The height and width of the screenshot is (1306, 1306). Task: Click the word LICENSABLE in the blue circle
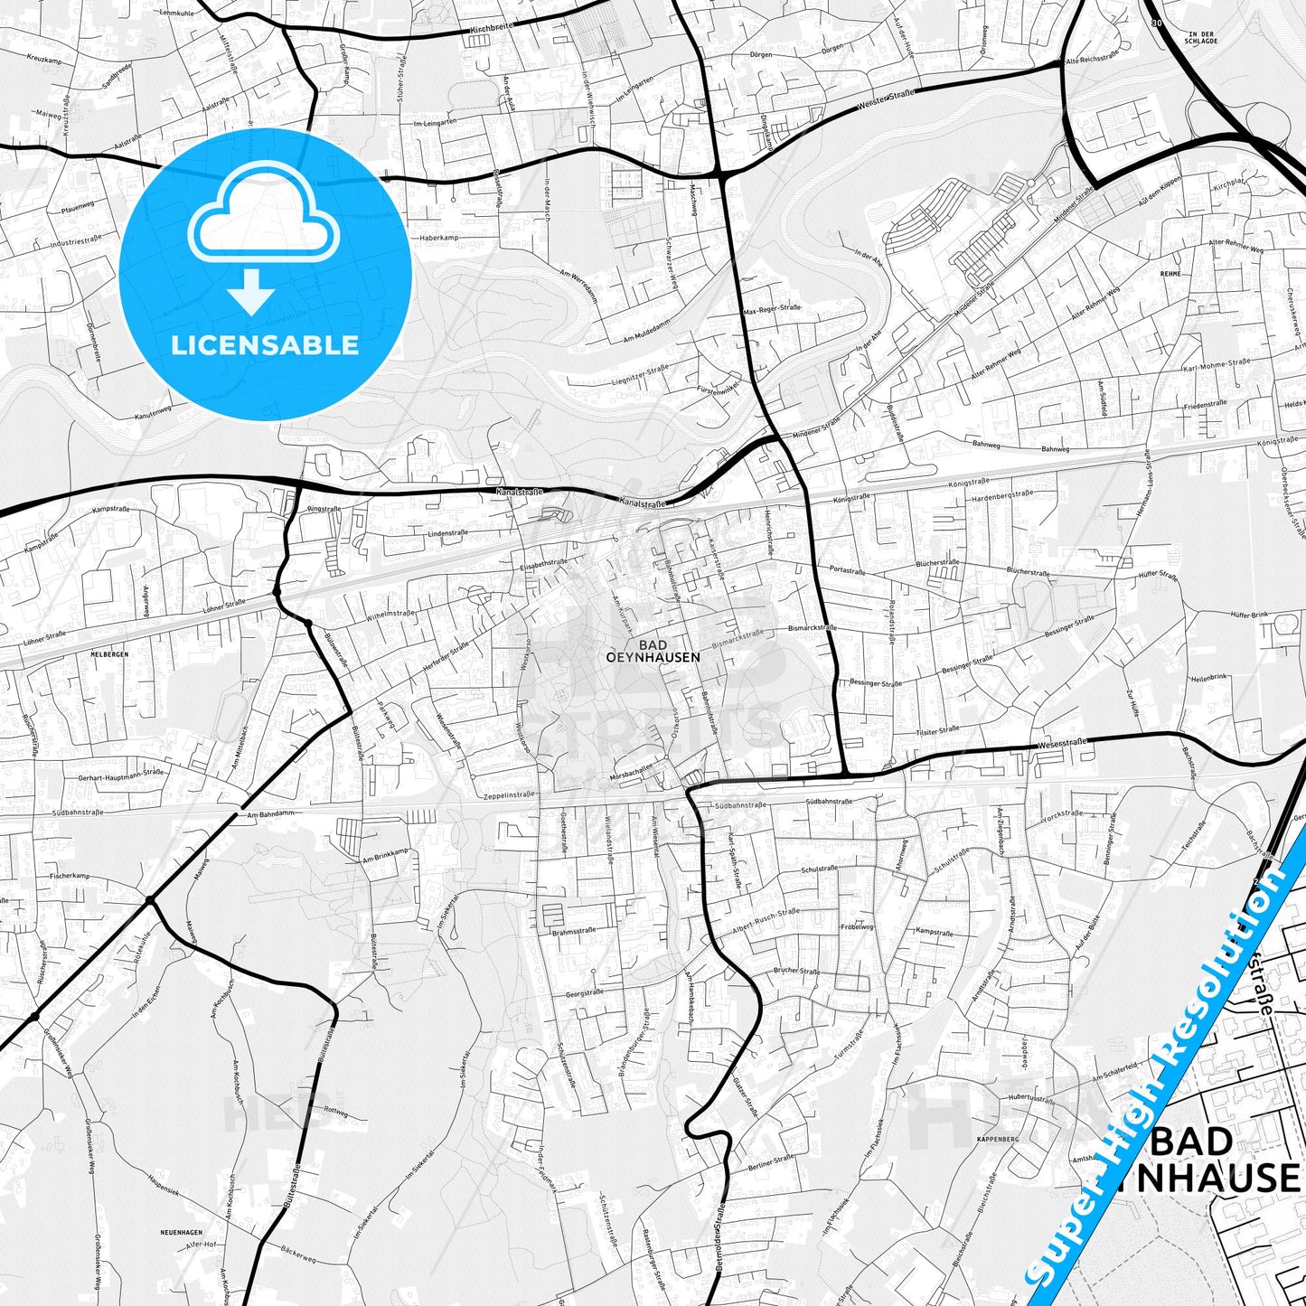tap(265, 345)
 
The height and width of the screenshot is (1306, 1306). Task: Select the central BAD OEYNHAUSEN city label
tap(653, 652)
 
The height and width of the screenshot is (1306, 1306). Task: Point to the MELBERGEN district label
tap(109, 653)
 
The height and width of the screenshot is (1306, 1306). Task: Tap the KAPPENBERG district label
tap(997, 1140)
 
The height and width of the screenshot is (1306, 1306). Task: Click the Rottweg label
tap(335, 1113)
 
